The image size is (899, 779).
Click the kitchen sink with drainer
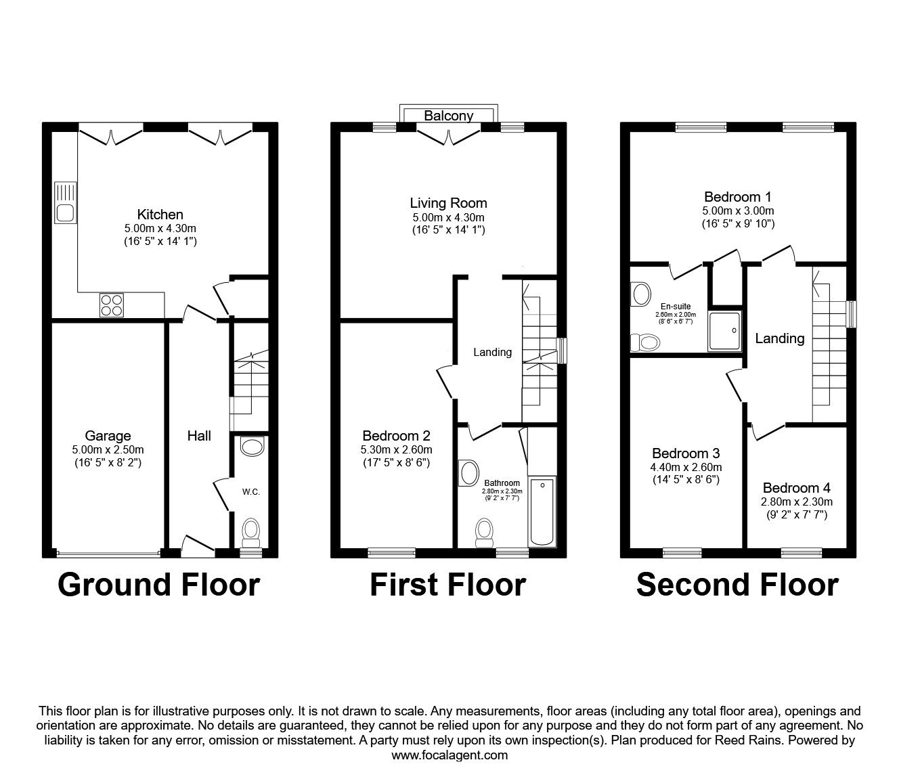tap(65, 202)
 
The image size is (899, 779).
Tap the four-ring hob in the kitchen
tap(112, 305)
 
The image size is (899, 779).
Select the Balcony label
tap(448, 116)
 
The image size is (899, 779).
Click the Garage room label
tap(108, 435)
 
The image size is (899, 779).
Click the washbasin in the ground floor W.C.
tap(253, 447)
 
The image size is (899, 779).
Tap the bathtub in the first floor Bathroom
tap(542, 512)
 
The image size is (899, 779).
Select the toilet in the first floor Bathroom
tap(484, 533)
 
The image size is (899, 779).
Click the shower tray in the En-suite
tap(724, 331)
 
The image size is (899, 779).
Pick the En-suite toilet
tap(645, 342)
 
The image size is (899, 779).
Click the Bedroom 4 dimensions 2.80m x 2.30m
tap(796, 502)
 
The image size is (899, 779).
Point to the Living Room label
tap(448, 203)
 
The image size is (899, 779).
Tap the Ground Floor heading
tap(159, 585)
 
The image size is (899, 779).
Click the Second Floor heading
tap(738, 585)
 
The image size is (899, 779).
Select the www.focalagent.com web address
tap(449, 755)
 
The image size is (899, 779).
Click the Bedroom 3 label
tap(686, 453)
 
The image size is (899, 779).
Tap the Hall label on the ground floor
tap(199, 435)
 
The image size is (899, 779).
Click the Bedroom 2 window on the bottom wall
tap(391, 553)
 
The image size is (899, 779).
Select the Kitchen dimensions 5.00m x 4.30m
tap(160, 228)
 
